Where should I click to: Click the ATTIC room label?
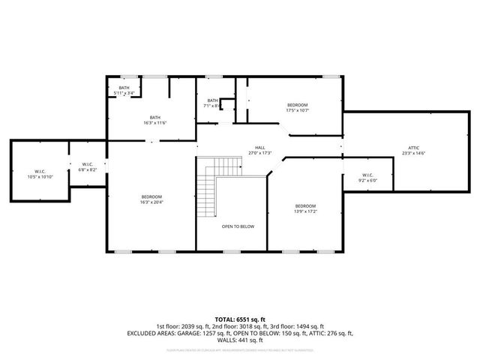pos(413,147)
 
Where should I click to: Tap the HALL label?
pos(259,148)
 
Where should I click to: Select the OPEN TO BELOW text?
pos(237,226)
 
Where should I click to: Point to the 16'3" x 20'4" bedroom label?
pos(151,196)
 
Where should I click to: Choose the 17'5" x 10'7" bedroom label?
pos(298,105)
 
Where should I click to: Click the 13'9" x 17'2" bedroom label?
pos(305,206)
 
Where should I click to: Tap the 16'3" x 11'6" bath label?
pos(154,117)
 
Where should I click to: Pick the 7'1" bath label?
pos(212,100)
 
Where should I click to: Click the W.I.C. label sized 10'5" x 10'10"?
pos(40,172)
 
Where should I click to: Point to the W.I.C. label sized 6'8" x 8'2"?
pos(87,164)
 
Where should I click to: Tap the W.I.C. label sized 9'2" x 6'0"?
pos(367,175)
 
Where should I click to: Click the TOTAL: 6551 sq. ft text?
pos(239,320)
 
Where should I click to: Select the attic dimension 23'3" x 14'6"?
pos(413,153)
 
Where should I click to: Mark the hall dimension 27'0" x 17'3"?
pos(259,153)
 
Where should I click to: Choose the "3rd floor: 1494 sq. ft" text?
pos(296,326)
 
